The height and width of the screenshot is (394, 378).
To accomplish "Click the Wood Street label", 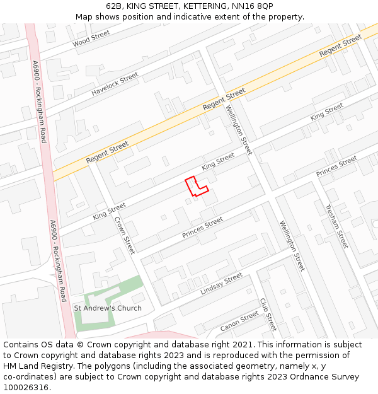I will point(91,39).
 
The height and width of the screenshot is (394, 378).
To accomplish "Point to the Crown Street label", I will point(124,235).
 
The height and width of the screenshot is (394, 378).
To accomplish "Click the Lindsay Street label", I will point(221,284).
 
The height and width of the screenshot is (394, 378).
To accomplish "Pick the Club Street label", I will point(268,315).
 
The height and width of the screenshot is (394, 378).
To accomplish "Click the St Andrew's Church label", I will point(108,308).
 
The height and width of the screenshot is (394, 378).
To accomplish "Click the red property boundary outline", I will point(195,187).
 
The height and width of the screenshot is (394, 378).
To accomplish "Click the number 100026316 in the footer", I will point(26,388).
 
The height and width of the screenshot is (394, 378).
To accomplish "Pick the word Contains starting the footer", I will point(21,345).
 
